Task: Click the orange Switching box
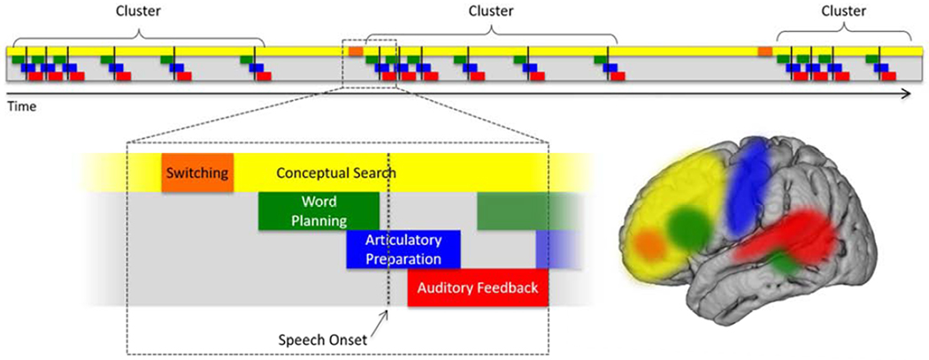tap(197, 173)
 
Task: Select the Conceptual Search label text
tap(336, 173)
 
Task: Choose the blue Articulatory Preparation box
tap(403, 250)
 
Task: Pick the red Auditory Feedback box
tap(478, 287)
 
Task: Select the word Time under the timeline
tap(21, 106)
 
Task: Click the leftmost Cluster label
tap(138, 11)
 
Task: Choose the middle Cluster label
tap(490, 11)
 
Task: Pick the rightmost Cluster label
tap(843, 11)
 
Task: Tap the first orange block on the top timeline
tap(356, 52)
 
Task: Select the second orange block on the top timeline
tap(765, 52)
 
